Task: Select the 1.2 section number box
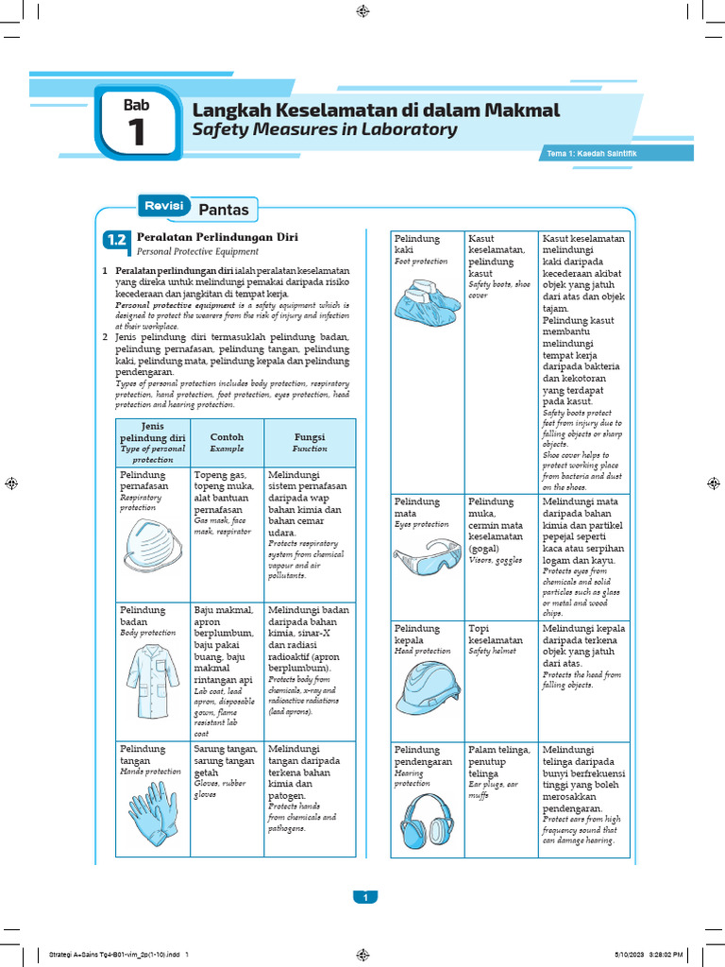[116, 241]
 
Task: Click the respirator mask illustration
[152, 544]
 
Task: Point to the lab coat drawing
[153, 680]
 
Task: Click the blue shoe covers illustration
[428, 295]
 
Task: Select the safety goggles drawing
[428, 558]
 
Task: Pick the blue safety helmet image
[428, 687]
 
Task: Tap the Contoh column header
[227, 442]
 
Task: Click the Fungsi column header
[310, 442]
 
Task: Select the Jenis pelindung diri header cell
[152, 442]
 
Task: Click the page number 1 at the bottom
[363, 897]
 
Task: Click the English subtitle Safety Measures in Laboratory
[325, 130]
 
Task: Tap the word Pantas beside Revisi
[224, 209]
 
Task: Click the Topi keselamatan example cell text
[495, 639]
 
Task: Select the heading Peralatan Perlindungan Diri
[205, 236]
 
